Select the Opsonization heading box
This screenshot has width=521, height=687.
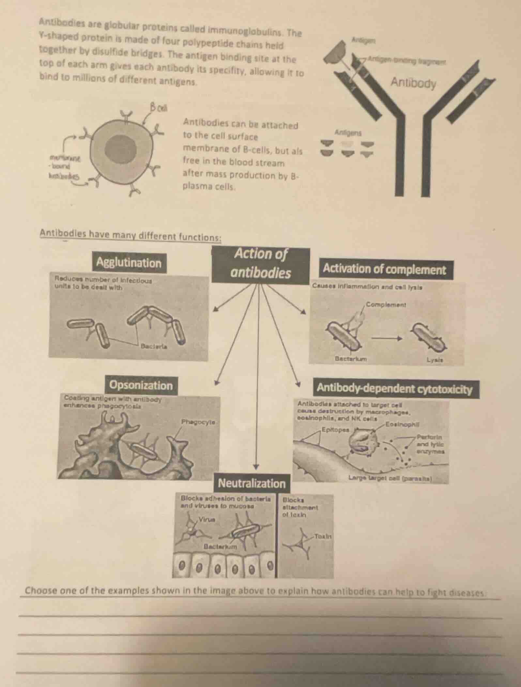click(141, 385)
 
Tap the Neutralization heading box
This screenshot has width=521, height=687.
click(252, 483)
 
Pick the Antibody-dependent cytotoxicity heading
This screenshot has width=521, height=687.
click(394, 389)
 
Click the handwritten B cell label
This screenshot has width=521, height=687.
click(159, 107)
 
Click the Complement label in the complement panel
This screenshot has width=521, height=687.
click(386, 304)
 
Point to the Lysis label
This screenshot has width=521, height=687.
click(434, 360)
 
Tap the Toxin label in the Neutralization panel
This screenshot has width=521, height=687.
click(323, 536)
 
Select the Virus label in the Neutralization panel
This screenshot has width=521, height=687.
click(207, 519)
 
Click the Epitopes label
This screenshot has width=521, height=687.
click(335, 430)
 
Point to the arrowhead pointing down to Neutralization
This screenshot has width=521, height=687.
click(256, 466)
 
